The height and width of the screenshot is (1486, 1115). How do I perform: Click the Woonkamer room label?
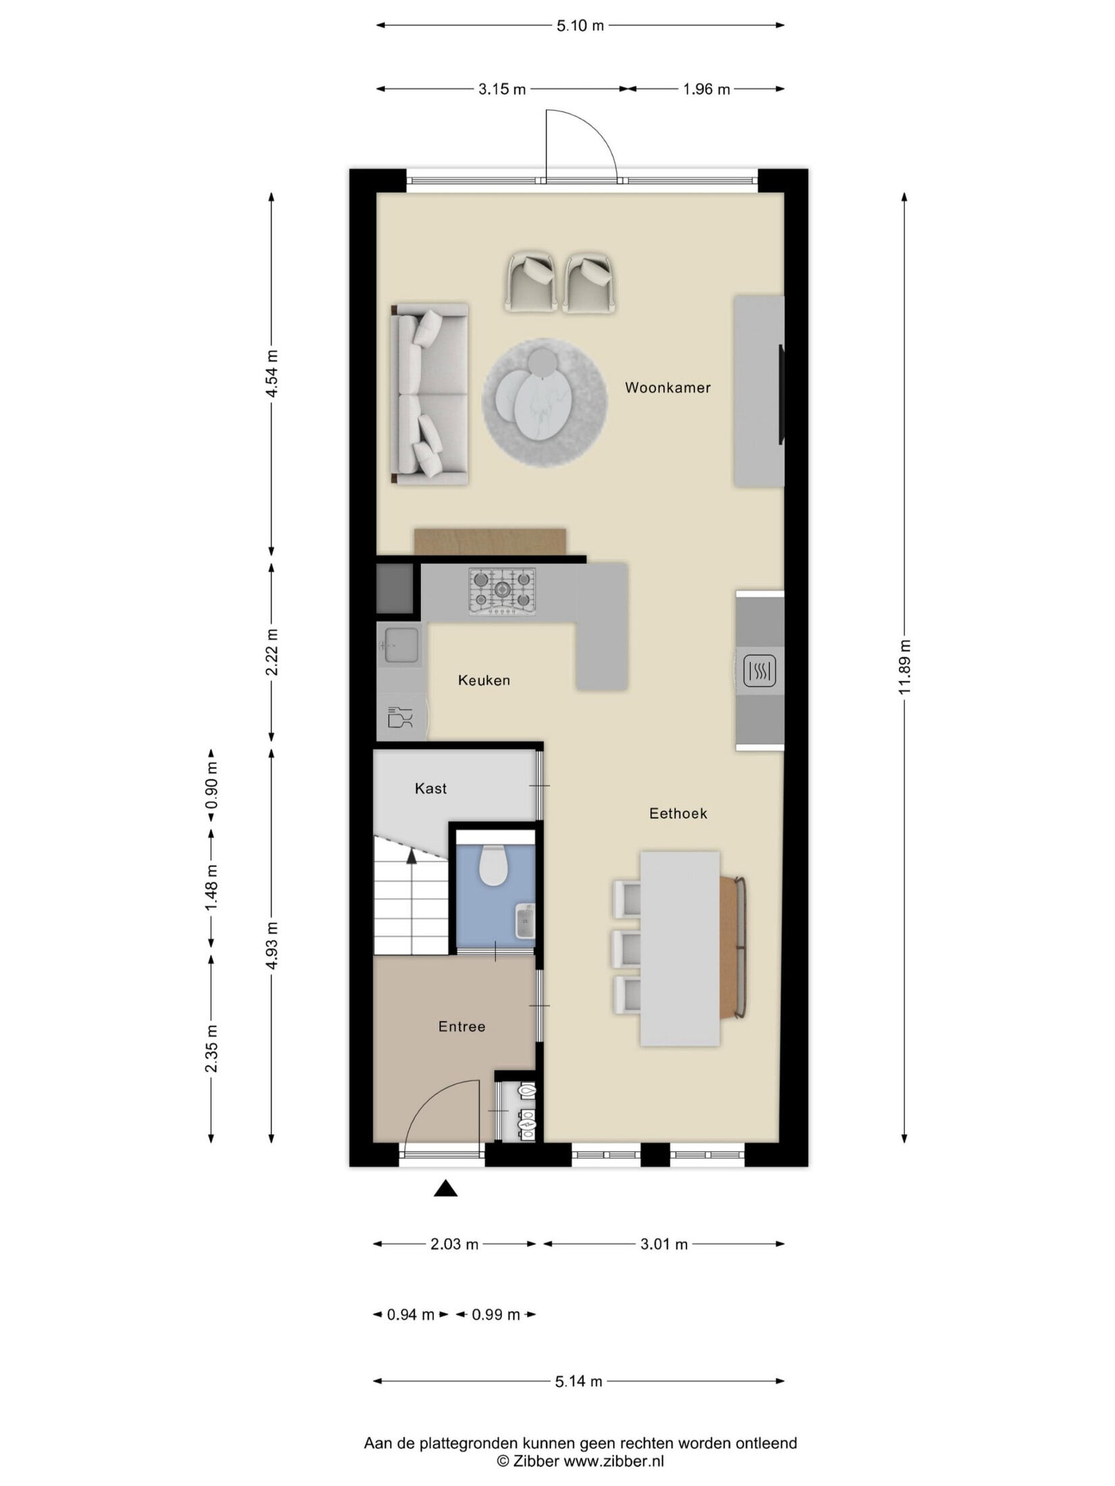pyautogui.click(x=667, y=388)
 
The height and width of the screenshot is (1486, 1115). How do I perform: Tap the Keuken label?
pyautogui.click(x=484, y=680)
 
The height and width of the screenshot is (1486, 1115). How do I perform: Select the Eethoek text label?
pyautogui.click(x=678, y=813)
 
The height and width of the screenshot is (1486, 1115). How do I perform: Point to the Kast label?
pyautogui.click(x=430, y=788)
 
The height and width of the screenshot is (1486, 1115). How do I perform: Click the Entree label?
pyautogui.click(x=462, y=1027)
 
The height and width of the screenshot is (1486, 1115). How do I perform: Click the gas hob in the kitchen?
pyautogui.click(x=502, y=591)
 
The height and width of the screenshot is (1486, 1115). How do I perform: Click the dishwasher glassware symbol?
pyautogui.click(x=400, y=717)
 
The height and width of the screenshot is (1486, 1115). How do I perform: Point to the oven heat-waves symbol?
pyautogui.click(x=760, y=671)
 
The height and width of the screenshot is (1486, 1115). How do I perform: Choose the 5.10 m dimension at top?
pyautogui.click(x=580, y=26)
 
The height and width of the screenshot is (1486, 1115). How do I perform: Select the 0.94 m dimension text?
pyautogui.click(x=410, y=1314)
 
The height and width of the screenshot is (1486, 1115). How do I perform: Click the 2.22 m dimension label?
pyautogui.click(x=272, y=652)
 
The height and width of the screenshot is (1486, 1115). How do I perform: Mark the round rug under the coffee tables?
pyautogui.click(x=544, y=403)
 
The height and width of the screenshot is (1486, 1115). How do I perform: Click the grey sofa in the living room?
pyautogui.click(x=429, y=394)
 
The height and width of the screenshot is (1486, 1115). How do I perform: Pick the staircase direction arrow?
pyautogui.click(x=411, y=855)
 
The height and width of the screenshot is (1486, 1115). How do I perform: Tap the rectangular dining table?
pyautogui.click(x=680, y=948)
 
